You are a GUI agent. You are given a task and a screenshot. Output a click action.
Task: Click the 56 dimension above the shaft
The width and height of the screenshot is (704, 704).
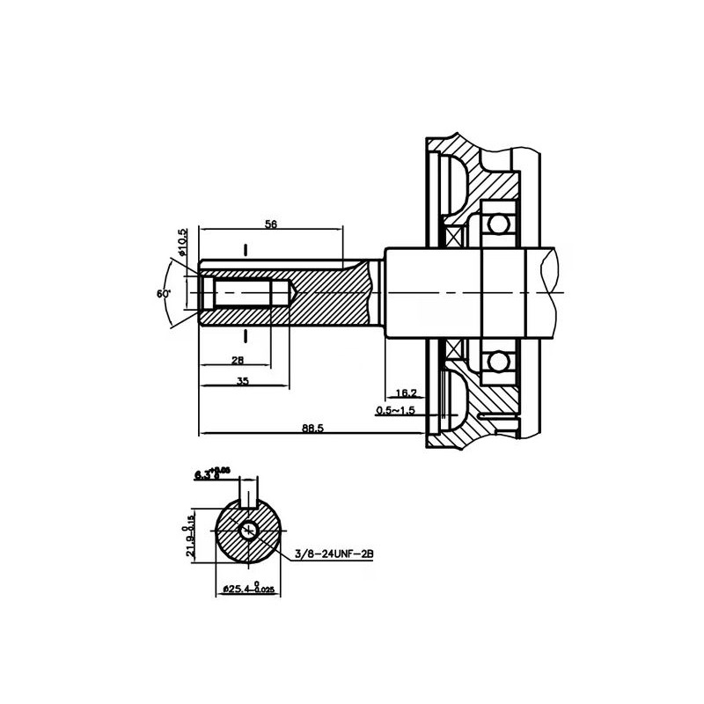point(271,225)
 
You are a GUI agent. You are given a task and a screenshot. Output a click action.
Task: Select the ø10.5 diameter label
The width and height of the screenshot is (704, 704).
point(182,242)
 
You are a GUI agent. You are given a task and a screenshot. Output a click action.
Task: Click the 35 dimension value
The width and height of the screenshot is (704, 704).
point(244,381)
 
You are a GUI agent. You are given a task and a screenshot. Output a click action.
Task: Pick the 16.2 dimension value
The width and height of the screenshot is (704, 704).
point(407,392)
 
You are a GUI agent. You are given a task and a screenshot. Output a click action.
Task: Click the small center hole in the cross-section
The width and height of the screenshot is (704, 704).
point(249,531)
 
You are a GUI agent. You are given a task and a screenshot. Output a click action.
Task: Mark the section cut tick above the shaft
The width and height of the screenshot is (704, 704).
point(246,249)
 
